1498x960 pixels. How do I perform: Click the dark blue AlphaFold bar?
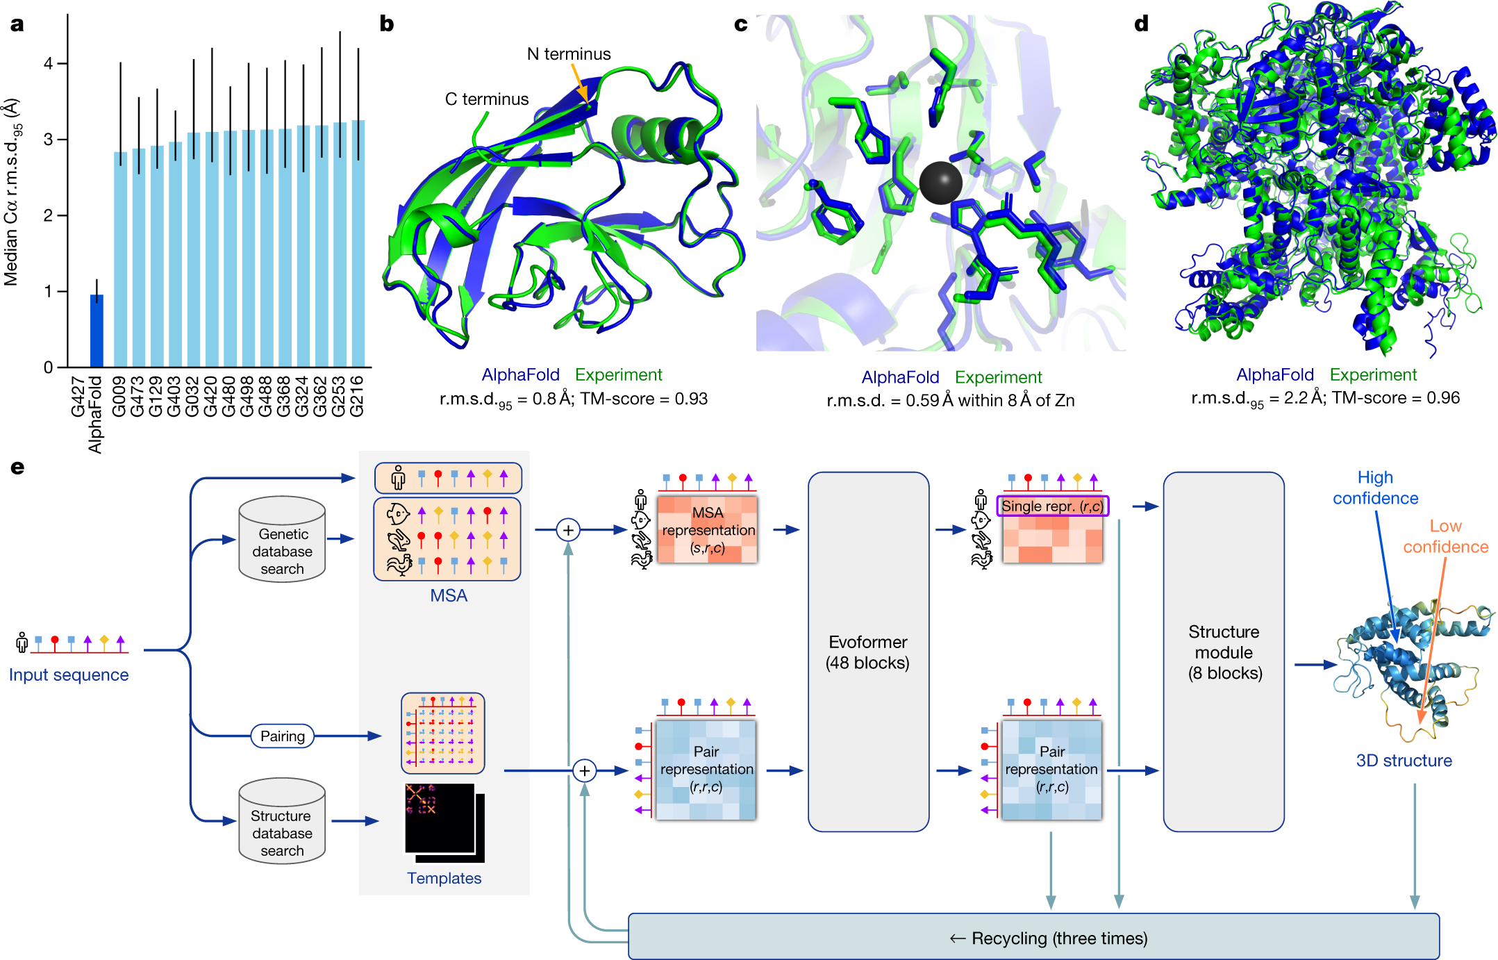(x=97, y=331)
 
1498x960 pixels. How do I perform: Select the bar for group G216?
(x=358, y=243)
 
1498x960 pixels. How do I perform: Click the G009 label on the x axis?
(x=119, y=397)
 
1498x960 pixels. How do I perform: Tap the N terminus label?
(x=568, y=54)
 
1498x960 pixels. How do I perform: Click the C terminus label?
(x=486, y=99)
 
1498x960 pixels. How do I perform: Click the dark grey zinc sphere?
(x=940, y=183)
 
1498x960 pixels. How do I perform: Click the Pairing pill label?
(x=282, y=736)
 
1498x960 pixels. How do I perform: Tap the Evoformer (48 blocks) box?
(x=867, y=652)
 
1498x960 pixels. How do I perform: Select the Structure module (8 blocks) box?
(x=1223, y=652)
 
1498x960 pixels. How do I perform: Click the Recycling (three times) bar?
(x=1033, y=937)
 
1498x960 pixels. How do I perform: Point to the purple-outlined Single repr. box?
(x=1052, y=506)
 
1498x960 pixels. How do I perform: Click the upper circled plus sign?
(x=568, y=530)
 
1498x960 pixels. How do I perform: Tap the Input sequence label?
(x=68, y=675)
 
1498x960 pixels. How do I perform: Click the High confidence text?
(x=1374, y=488)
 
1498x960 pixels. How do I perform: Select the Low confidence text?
(x=1445, y=536)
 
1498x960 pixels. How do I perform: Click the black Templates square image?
(x=440, y=818)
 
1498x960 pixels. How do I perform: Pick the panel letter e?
(x=17, y=467)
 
